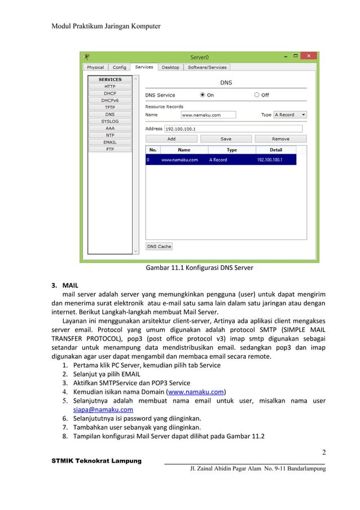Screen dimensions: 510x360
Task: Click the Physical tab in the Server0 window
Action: click(x=95, y=67)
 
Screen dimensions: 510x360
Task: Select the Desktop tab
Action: click(x=170, y=67)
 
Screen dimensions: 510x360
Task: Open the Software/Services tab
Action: click(x=207, y=67)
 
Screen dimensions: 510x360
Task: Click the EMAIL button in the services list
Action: click(x=109, y=142)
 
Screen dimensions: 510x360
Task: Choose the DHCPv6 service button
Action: click(x=109, y=101)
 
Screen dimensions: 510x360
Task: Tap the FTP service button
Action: click(x=109, y=150)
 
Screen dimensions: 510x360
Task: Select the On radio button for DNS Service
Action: click(x=203, y=95)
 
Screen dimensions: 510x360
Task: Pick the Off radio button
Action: click(x=257, y=95)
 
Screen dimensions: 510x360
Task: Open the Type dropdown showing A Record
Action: click(x=290, y=115)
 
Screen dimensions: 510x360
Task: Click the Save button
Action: click(x=226, y=139)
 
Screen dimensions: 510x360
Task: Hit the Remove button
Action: click(x=280, y=139)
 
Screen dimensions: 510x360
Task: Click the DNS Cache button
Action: click(x=159, y=247)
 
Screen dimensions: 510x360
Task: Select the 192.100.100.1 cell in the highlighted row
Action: click(x=269, y=160)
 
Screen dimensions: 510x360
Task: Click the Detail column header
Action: click(x=275, y=150)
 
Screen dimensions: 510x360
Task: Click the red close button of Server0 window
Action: click(x=308, y=56)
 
